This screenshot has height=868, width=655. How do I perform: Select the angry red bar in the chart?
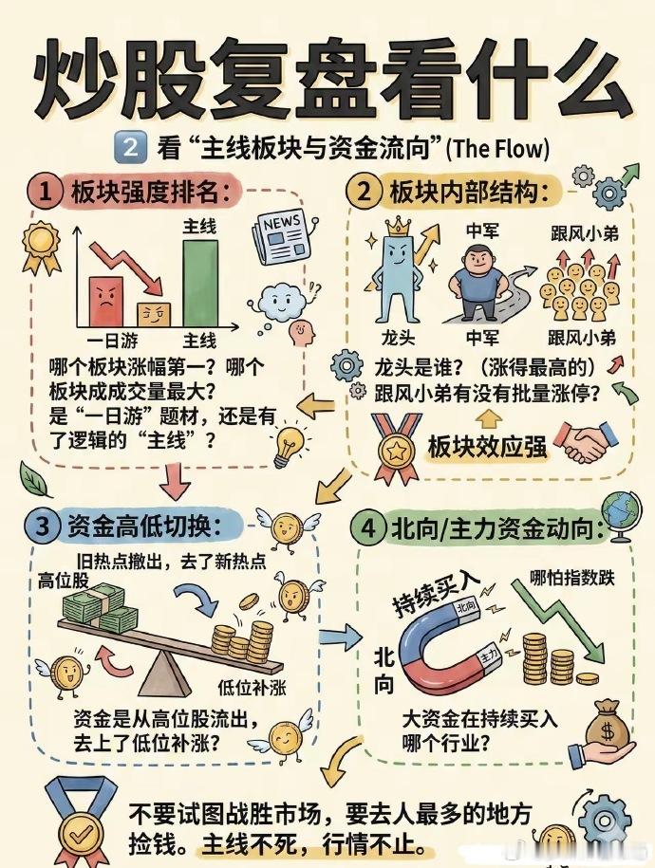coord(106,301)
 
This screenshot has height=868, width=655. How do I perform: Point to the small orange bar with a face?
coord(155,314)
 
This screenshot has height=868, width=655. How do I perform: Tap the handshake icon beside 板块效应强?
coord(582,442)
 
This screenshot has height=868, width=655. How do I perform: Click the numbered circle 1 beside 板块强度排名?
coord(47,194)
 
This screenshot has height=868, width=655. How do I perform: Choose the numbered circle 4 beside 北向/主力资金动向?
coord(369,529)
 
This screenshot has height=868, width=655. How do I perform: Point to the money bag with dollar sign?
coord(605,725)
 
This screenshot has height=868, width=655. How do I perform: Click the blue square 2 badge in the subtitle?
coord(130,148)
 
